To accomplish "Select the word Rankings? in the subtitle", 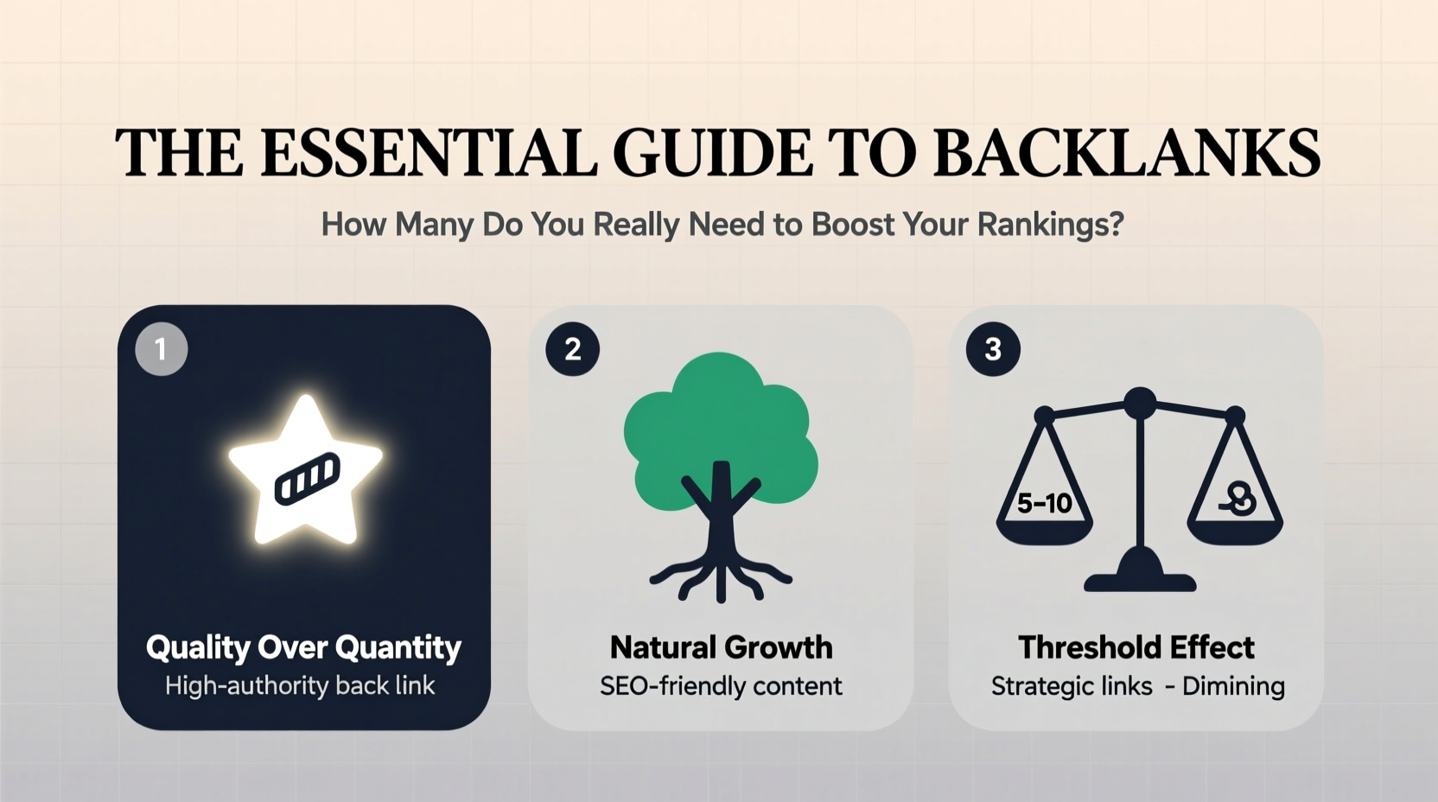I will click(1051, 225).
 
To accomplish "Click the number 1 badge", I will click(162, 349).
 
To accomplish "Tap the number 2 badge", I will click(572, 349).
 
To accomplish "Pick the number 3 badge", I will click(993, 349).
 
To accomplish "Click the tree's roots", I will click(720, 577).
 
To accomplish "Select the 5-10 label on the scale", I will click(1044, 503).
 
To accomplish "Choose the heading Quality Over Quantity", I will click(303, 647).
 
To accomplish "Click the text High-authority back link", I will click(300, 686).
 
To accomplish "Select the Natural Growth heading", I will click(721, 647).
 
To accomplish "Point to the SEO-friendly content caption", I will click(721, 686).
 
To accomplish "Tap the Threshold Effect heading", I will click(1136, 647).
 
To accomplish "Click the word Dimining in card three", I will click(1233, 686).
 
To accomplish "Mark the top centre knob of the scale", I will click(1140, 402).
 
